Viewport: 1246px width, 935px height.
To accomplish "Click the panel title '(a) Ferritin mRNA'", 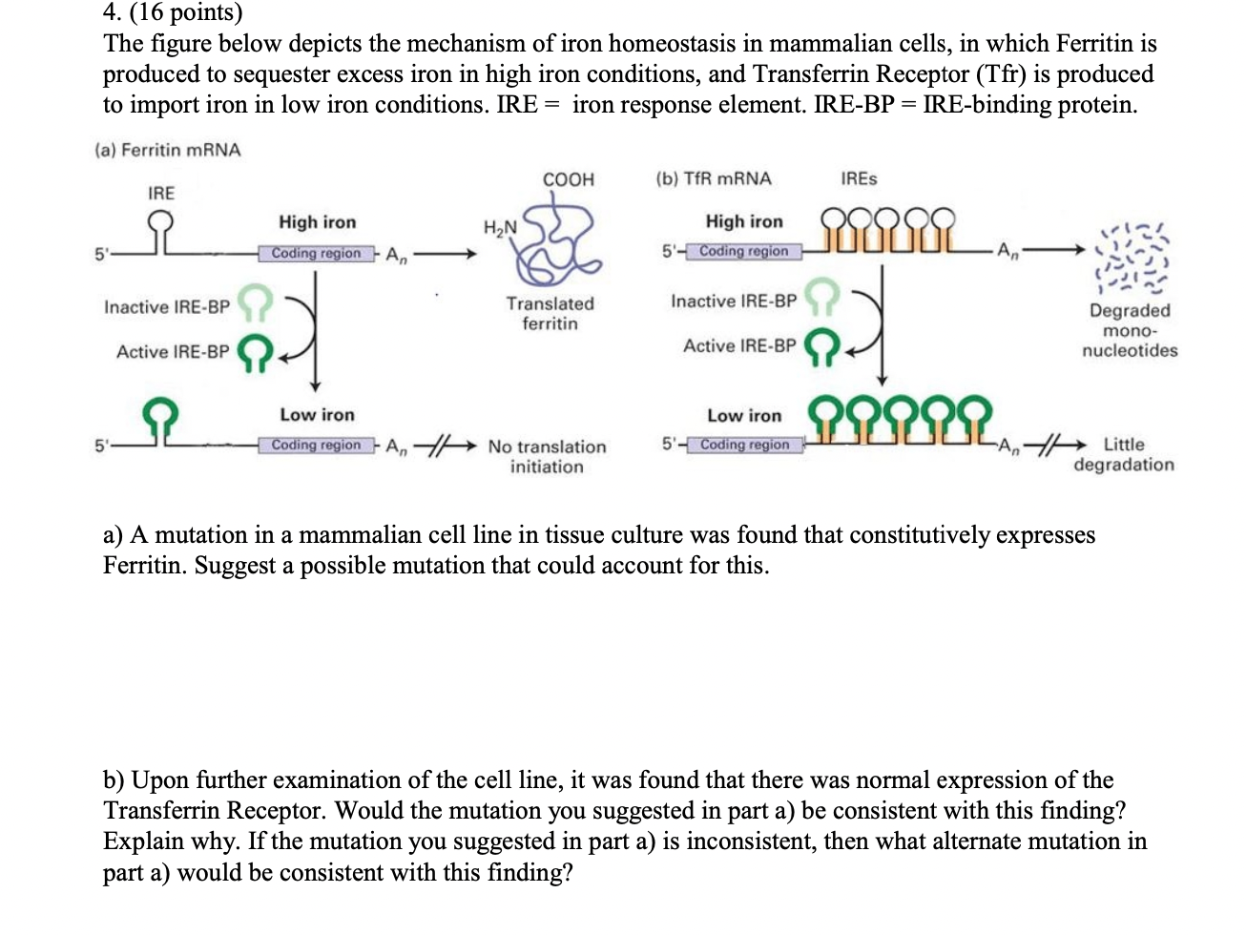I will [x=168, y=150].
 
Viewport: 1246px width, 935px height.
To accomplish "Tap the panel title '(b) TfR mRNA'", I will [x=713, y=178].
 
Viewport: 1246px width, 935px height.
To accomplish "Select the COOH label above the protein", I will [x=568, y=179].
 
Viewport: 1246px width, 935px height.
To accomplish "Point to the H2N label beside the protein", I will [x=500, y=227].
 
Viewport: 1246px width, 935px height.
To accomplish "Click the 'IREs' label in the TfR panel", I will [x=859, y=178].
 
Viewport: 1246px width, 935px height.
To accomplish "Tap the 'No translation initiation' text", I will [x=547, y=456].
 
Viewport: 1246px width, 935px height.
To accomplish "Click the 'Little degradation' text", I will [x=1124, y=454].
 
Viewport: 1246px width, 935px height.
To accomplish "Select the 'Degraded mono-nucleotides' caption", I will [x=1130, y=330].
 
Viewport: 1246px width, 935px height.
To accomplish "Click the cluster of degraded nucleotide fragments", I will [x=1132, y=258].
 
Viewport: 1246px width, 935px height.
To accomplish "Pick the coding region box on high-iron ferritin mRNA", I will [x=316, y=254].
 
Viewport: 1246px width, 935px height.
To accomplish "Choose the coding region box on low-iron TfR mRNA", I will [x=744, y=445].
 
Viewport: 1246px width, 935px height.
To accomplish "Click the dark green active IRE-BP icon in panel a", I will [x=255, y=352].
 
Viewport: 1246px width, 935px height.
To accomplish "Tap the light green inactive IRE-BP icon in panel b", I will [x=821, y=297].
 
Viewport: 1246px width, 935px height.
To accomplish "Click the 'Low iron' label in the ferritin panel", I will [x=317, y=415].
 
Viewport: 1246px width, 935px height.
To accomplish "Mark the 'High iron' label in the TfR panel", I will [x=743, y=221].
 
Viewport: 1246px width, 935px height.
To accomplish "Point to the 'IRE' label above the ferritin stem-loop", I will [x=161, y=193].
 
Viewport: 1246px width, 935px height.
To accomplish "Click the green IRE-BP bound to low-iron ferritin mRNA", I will [x=161, y=416].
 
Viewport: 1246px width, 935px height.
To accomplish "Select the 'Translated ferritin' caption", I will [x=550, y=313].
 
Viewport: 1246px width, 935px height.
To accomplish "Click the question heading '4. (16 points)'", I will [x=173, y=12].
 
